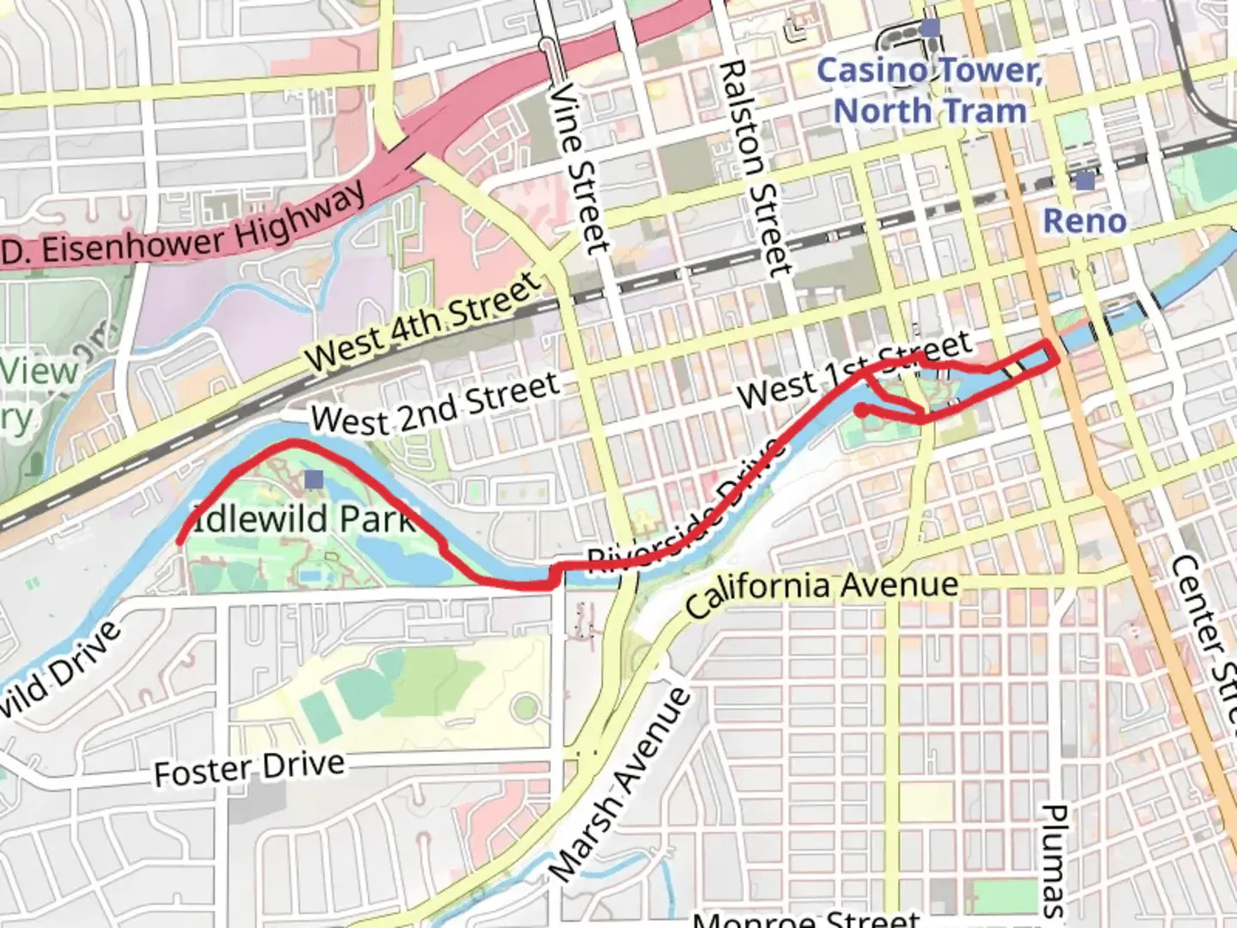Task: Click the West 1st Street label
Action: pos(854,370)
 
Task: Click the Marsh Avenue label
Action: pos(620,785)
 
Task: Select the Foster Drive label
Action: pos(249,767)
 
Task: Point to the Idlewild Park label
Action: pos(301,518)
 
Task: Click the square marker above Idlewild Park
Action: pos(314,479)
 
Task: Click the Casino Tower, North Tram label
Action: pos(929,90)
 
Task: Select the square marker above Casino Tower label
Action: pos(929,29)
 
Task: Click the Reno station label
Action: pos(1084,221)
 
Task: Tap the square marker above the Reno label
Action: pos(1085,181)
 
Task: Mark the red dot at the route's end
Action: pos(861,411)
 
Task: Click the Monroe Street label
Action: pos(806,918)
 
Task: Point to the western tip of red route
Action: pos(180,541)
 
